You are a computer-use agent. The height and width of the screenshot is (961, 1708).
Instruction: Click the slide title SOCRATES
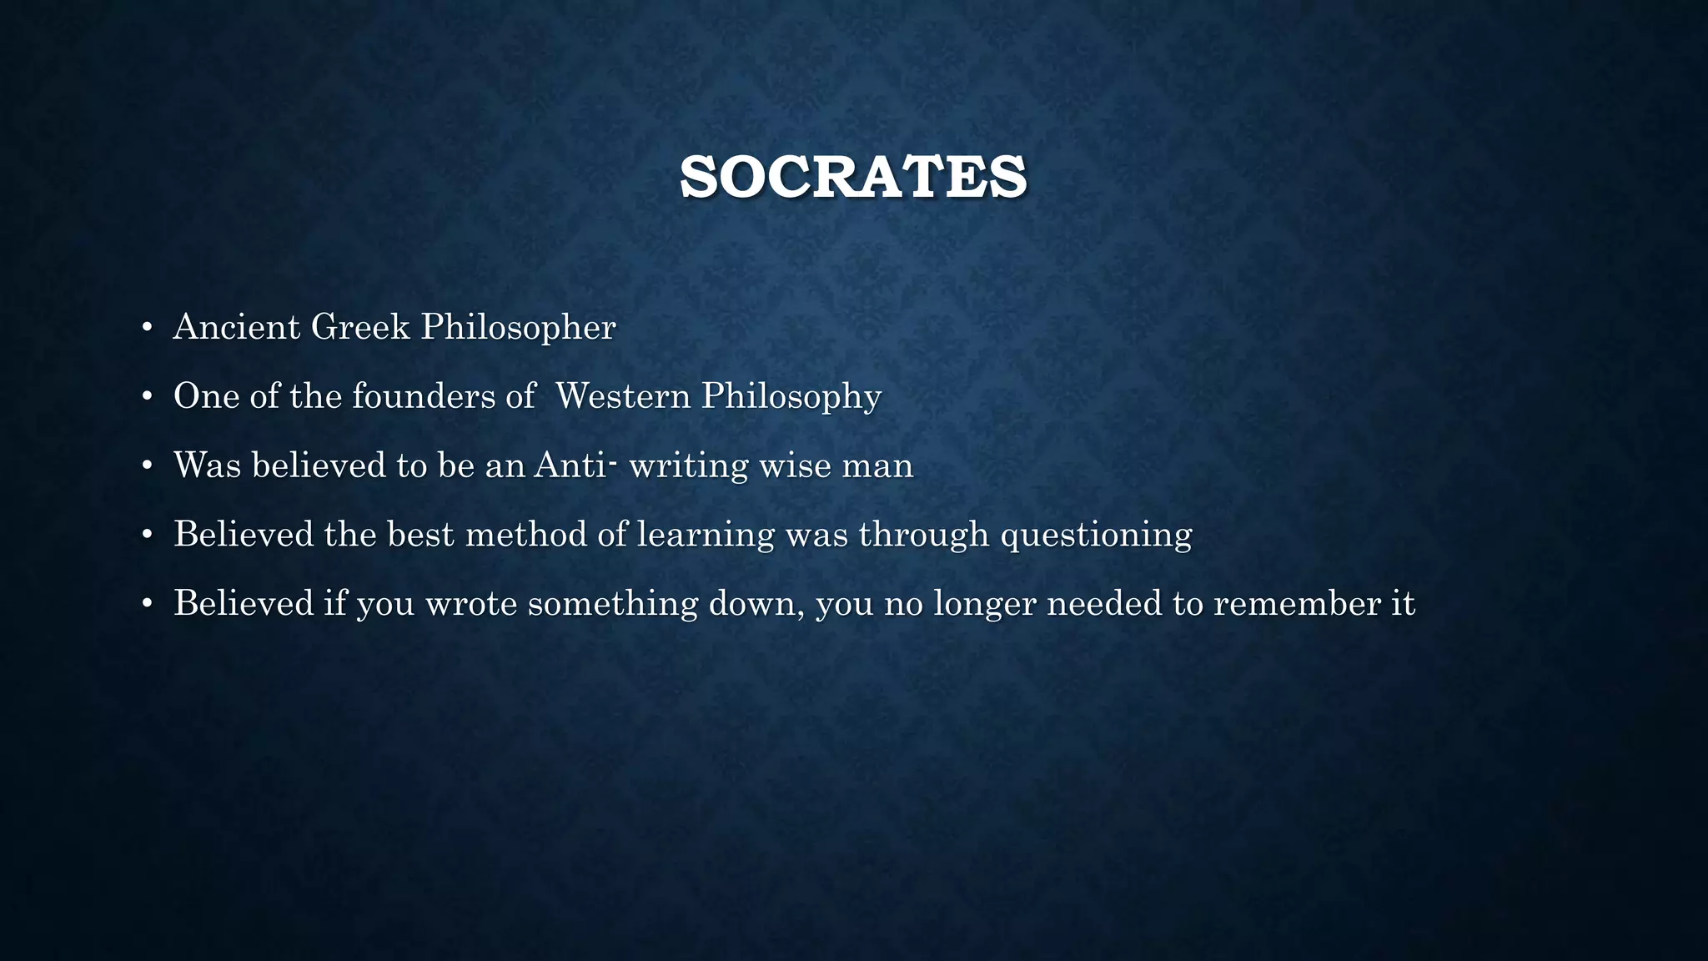point(853,177)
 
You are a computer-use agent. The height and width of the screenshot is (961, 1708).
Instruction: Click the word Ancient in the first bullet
point(236,327)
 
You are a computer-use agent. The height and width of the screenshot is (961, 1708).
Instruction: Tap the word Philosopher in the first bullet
point(518,327)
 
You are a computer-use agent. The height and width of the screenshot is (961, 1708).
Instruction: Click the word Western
point(623,396)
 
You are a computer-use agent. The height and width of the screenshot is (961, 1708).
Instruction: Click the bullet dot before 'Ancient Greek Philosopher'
point(147,328)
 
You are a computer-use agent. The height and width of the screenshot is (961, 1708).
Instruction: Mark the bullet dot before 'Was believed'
point(147,466)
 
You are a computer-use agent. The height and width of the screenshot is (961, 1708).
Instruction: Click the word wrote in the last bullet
point(471,604)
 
